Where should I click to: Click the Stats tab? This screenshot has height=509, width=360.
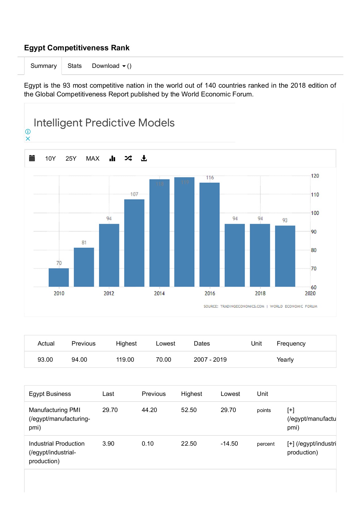pos(74,66)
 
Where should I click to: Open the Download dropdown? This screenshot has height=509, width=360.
pos(109,66)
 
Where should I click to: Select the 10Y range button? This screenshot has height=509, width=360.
pos(50,159)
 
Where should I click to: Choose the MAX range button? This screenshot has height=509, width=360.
pos(93,159)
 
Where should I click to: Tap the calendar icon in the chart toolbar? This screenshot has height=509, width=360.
pos(32,158)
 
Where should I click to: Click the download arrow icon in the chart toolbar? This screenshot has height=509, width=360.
pos(144,158)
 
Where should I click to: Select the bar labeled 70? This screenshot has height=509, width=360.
pos(59,277)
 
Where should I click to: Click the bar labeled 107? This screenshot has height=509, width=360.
pos(134,243)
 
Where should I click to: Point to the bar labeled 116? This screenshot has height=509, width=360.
pos(209,234)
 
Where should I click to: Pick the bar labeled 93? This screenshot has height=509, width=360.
pos(285,256)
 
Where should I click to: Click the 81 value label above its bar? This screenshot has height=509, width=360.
pos(84,243)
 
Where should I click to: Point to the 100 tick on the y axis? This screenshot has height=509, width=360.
pos(315,213)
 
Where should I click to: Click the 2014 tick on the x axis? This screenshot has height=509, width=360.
pos(159,294)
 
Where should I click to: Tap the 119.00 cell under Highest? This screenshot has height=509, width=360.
pos(125,360)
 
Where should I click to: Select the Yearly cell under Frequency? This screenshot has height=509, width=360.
pos(285,360)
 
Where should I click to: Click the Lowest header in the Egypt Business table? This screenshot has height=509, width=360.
pos(230,394)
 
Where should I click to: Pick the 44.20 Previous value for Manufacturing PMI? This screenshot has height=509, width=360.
pos(149,410)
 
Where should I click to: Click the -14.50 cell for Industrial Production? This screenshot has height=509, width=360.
pos(229,444)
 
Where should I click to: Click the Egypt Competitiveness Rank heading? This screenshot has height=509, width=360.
pos(77,48)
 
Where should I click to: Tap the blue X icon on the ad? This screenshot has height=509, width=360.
pos(28,139)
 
